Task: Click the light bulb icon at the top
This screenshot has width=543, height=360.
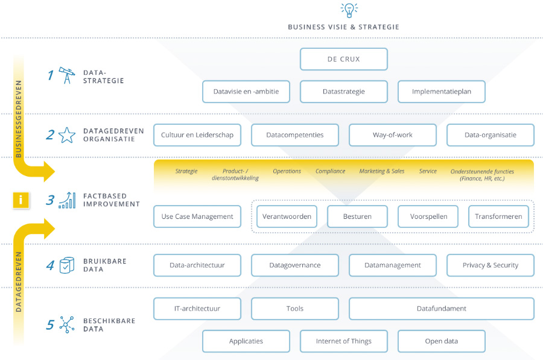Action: (349, 10)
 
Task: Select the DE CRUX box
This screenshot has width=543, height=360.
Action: (343, 59)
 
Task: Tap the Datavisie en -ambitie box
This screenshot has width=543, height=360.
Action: (246, 92)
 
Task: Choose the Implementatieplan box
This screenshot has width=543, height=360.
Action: (442, 92)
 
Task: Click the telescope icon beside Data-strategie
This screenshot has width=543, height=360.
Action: (67, 75)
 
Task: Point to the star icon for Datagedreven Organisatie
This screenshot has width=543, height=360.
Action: (67, 135)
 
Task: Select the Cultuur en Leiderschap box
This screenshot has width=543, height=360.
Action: (197, 135)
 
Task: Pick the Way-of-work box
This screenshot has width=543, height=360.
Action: (393, 135)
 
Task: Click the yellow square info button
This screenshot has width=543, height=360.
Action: (21, 200)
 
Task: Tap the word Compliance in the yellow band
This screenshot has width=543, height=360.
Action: (330, 171)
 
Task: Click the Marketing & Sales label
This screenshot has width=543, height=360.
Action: (382, 171)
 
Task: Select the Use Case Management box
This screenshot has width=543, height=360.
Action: (197, 216)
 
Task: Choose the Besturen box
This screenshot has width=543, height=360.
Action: (357, 216)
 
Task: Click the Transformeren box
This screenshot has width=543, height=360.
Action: (499, 216)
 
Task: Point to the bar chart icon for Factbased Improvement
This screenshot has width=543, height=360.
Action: (67, 200)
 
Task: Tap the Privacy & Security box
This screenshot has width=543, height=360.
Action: (491, 265)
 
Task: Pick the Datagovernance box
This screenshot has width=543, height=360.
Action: (295, 265)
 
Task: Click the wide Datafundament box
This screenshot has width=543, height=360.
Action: (442, 309)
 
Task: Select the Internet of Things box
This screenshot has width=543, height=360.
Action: (343, 341)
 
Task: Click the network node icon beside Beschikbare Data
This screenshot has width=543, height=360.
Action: (66, 324)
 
